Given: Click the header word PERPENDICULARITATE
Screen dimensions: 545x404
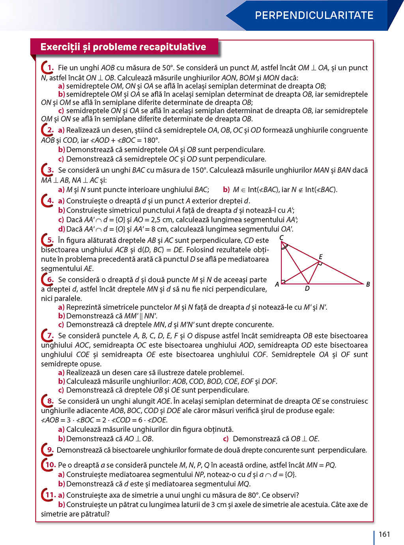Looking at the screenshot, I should tap(314, 15).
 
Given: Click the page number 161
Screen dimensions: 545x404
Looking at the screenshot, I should tap(384, 534).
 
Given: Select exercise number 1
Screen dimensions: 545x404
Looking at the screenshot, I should tap(50, 68).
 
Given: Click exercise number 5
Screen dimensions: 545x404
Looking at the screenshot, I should tap(50, 240).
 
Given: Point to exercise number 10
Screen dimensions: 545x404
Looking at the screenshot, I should tap(50, 465).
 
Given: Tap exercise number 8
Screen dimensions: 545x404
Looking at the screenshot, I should tap(50, 401).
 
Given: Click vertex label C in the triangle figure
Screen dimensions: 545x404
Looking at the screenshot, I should tap(281, 238).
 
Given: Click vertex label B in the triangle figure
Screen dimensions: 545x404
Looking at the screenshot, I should tap(368, 284).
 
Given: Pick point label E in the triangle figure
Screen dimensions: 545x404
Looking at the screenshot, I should tap(321, 257).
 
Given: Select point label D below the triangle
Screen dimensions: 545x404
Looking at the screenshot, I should tap(307, 289).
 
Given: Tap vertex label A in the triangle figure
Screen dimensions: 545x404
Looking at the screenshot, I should tap(277, 284).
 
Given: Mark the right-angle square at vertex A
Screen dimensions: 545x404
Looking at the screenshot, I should tap(283, 282).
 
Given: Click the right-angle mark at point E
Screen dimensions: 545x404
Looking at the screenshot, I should tap(320, 263).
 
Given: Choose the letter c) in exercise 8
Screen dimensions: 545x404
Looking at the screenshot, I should tap(226, 439).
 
